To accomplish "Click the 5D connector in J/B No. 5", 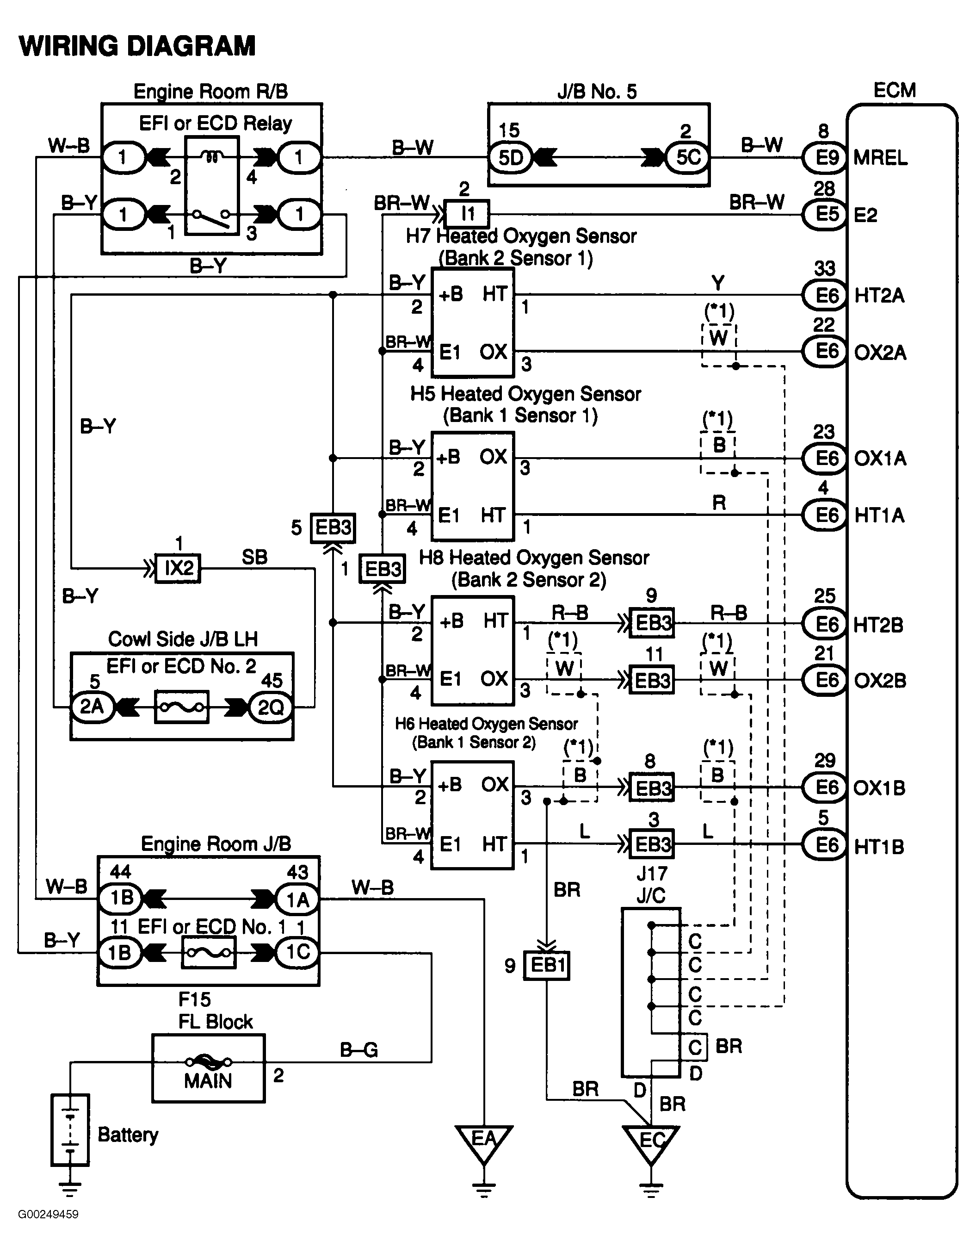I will click(510, 157).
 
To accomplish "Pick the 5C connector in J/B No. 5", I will click(687, 157).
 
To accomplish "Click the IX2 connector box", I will click(179, 569).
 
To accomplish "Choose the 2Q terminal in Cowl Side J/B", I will click(271, 707).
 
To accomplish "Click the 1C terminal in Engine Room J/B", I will click(297, 952).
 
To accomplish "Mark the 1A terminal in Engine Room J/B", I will click(297, 899).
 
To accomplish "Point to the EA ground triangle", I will click(483, 1141).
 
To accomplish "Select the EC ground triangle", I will click(651, 1141).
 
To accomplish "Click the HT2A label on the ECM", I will click(878, 296).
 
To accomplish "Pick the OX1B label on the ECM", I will click(878, 788).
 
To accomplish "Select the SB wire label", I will click(254, 557).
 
